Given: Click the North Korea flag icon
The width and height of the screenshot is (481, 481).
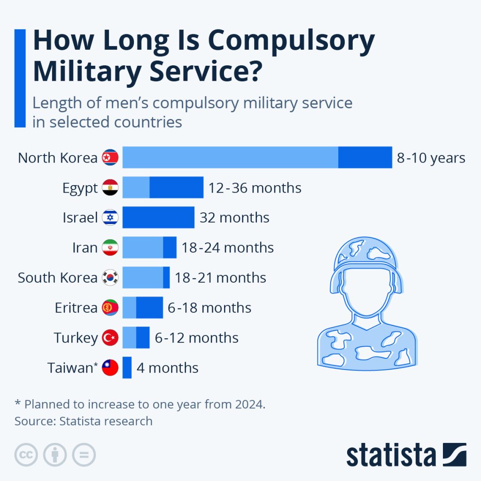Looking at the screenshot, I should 110,158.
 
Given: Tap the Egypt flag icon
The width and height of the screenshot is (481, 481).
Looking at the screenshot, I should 110,188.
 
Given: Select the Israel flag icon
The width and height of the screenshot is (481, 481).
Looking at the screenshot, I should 110,217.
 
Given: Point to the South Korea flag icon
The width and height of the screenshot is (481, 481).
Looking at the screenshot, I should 110,278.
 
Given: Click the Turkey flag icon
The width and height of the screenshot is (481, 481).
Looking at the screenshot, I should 110,338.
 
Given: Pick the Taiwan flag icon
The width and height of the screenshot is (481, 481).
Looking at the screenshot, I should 110,367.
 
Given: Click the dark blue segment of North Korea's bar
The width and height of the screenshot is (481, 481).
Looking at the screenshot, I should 365,157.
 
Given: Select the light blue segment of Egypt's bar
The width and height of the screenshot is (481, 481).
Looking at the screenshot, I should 136,187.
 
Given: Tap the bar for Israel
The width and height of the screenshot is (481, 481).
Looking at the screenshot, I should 158,217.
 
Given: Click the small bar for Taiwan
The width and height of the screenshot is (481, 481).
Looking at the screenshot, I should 127,367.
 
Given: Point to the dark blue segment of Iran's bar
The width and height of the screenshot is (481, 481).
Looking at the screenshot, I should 170,248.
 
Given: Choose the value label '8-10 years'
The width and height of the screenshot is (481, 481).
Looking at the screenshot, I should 431,158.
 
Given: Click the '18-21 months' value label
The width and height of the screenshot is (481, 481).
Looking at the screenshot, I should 220,278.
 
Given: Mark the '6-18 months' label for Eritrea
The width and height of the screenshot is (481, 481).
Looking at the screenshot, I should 209,308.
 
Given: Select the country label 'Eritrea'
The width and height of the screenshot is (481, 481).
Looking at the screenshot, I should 76,308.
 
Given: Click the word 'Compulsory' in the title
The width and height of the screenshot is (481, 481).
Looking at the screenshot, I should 291,41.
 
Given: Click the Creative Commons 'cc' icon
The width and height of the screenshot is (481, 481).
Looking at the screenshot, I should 26,455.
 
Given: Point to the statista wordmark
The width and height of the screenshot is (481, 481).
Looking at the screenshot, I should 391,455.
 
